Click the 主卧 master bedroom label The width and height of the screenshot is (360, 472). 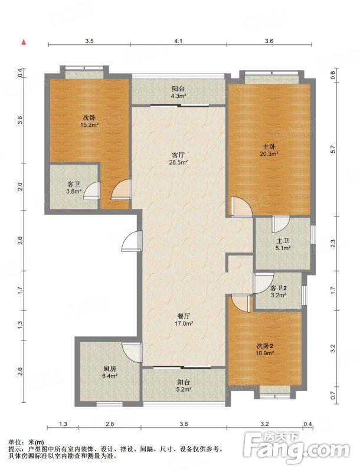click(269, 147)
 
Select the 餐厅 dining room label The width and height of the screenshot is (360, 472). click(184, 316)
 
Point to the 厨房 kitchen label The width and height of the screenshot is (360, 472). click(110, 369)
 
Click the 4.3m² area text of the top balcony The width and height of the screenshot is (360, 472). click(178, 96)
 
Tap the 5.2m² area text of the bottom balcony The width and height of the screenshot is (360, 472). click(184, 389)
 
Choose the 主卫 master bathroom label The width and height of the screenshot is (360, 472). click(283, 241)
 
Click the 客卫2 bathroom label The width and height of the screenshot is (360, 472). click(278, 289)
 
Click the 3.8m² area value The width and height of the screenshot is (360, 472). click(74, 191)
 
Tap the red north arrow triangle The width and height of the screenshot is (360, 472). click(24, 42)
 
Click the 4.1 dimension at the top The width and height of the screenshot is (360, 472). click(178, 41)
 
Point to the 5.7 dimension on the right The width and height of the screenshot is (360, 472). click(333, 149)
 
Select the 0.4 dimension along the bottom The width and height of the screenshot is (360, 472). click(307, 424)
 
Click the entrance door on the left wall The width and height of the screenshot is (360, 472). click(132, 241)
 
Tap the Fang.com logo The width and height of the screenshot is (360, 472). click(296, 448)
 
